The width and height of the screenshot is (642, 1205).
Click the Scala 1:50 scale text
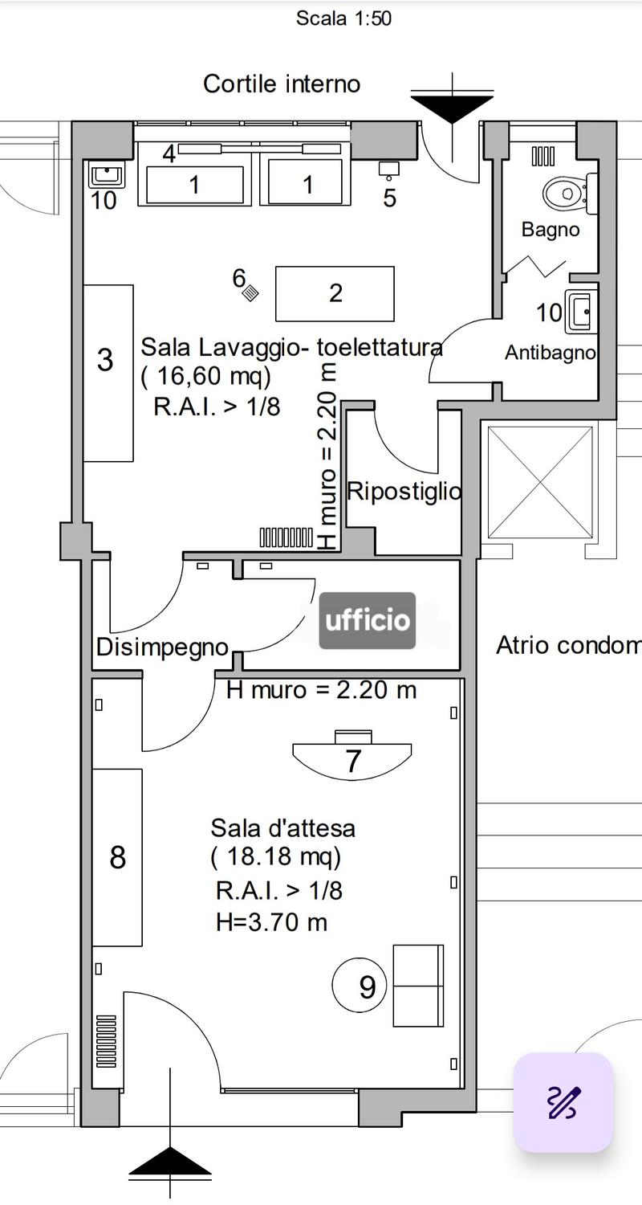coord(343,18)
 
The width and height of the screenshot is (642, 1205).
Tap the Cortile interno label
coord(282,84)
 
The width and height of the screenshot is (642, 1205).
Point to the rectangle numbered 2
coord(335,294)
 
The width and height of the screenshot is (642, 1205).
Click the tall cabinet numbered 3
coord(108,373)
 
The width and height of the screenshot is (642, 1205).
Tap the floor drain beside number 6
coord(251,293)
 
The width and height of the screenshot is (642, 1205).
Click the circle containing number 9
coord(360,986)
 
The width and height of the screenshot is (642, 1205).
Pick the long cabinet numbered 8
coord(117,857)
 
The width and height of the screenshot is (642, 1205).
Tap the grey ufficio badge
coord(368,620)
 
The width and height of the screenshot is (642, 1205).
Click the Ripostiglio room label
coord(404,491)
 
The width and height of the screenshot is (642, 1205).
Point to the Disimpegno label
coord(163,647)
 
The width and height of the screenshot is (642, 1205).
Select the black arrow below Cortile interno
coord(453,110)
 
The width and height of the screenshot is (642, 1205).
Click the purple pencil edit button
coord(563,1102)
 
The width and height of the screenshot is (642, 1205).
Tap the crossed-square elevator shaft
coord(540,482)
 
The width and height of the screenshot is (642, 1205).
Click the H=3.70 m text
coord(272,922)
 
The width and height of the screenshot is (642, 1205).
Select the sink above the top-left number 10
coord(107,174)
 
